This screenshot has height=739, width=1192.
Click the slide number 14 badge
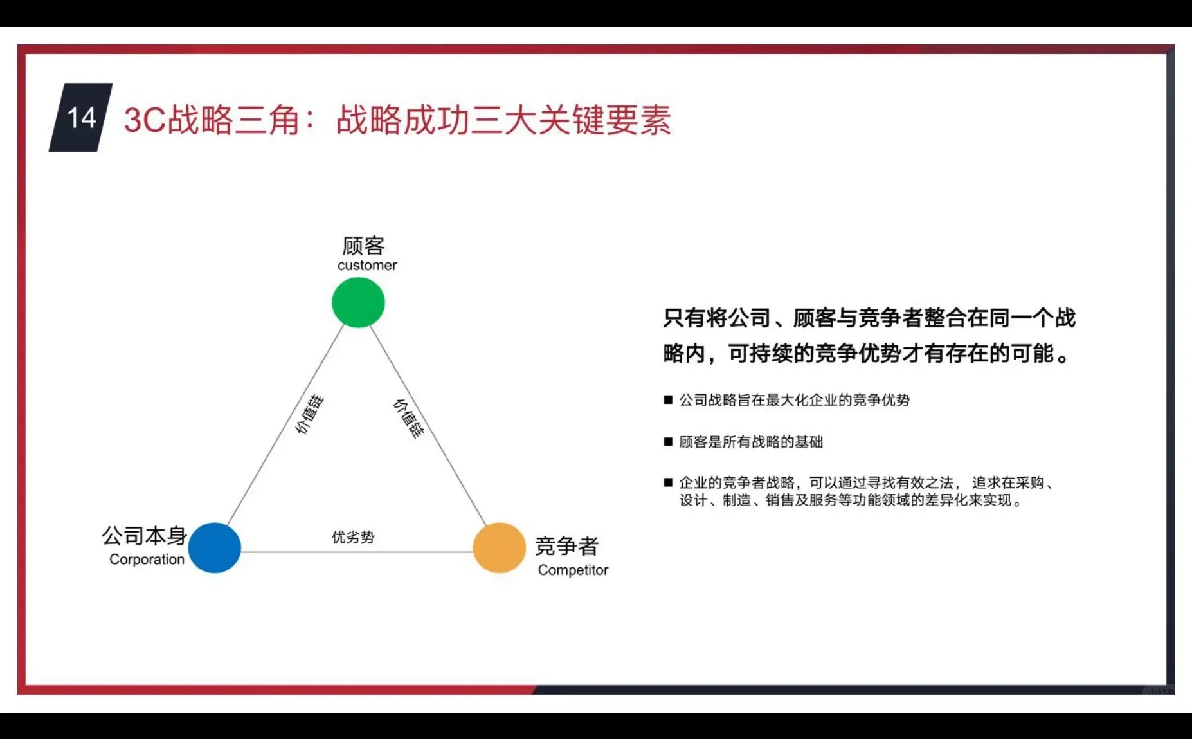[x=81, y=118]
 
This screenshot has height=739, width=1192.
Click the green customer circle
[x=358, y=302]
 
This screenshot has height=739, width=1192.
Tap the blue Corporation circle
[x=215, y=548]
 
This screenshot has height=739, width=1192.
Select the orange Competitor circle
[x=500, y=548]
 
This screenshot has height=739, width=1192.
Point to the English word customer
[x=367, y=266]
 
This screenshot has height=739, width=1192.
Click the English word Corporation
[x=147, y=560]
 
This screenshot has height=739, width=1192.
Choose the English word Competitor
[x=573, y=570]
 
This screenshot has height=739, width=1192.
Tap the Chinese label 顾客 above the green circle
[x=363, y=246]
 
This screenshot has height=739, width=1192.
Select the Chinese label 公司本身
[x=144, y=536]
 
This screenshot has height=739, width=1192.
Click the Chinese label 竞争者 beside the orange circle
[x=566, y=547]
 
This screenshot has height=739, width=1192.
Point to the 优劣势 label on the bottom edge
[x=353, y=537]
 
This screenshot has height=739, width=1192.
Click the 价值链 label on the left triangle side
[x=309, y=415]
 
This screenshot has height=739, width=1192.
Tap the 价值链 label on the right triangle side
[x=409, y=419]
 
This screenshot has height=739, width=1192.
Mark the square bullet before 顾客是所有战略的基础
[x=668, y=442]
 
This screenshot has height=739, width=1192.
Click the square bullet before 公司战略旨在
[x=668, y=400]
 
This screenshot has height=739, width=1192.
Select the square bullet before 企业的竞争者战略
[x=668, y=482]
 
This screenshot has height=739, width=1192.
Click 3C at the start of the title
[x=144, y=120]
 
